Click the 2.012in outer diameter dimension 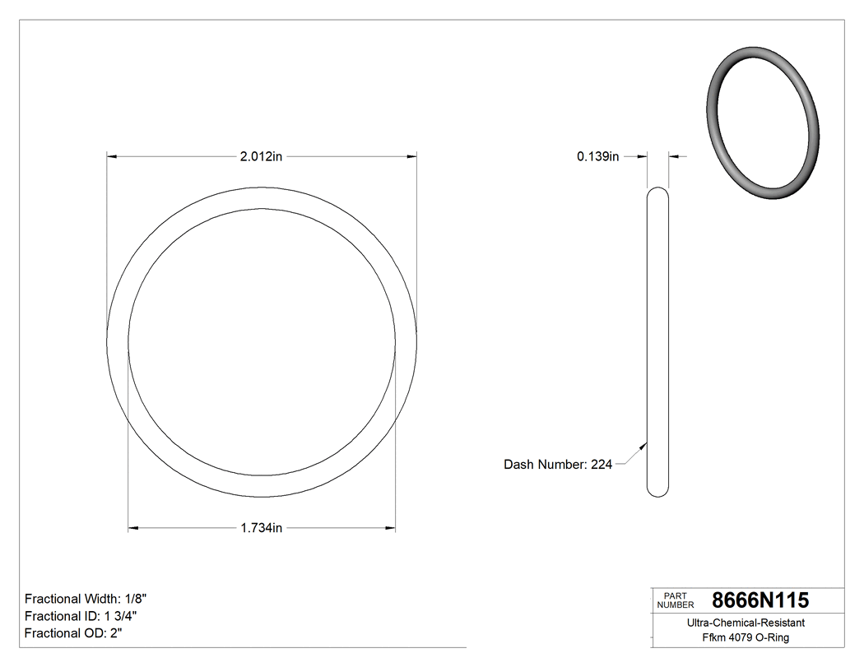(x=261, y=156)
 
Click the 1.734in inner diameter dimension (x=261, y=528)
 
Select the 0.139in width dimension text (x=597, y=156)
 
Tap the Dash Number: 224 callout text (x=557, y=465)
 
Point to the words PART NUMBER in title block (x=675, y=600)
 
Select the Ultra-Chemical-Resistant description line (x=746, y=623)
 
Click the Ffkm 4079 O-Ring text (x=746, y=638)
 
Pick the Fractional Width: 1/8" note (x=86, y=599)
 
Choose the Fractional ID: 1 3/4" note (x=81, y=616)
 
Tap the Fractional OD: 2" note (x=73, y=633)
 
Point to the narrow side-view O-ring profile (x=657, y=341)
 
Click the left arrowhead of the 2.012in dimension (x=112, y=156)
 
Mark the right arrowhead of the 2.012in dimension (x=412, y=156)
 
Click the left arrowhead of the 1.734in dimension (x=133, y=528)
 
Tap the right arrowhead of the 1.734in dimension (x=391, y=528)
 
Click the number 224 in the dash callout (x=602, y=465)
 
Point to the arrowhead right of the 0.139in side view (x=673, y=156)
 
